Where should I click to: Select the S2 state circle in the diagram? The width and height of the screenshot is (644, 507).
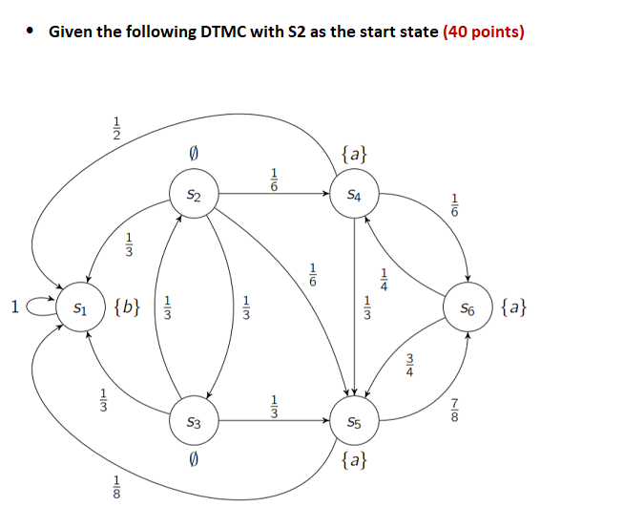click(194, 196)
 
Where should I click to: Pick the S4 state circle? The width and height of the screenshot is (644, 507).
click(354, 196)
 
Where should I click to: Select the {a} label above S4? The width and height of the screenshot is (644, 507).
click(354, 154)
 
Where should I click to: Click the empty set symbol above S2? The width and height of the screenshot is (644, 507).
click(194, 154)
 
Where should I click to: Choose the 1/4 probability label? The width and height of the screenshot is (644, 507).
click(383, 277)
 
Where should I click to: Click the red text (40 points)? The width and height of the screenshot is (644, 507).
click(484, 32)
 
